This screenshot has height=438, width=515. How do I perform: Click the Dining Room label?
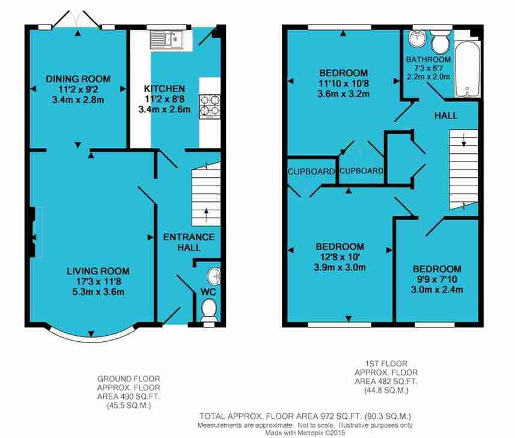(78, 79)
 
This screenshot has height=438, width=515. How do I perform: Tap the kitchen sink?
(166, 40)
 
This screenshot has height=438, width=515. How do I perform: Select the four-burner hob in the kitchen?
(210, 107)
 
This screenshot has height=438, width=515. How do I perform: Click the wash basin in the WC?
(214, 276)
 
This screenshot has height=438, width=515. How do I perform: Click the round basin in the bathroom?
(417, 38)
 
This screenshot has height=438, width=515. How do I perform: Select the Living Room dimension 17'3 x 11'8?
(98, 281)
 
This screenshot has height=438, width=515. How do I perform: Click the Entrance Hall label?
(189, 242)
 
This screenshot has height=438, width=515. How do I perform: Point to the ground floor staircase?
(206, 193)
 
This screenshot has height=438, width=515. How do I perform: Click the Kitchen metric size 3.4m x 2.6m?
(165, 109)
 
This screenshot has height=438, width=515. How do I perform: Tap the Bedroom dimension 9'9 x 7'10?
(437, 279)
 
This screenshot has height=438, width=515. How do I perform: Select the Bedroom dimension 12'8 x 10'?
(340, 257)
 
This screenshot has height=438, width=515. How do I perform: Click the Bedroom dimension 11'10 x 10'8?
(344, 84)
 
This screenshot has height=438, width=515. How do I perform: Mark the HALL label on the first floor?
(446, 115)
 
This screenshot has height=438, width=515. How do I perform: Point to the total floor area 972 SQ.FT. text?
(305, 416)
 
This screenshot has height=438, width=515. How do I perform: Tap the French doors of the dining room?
(77, 19)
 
